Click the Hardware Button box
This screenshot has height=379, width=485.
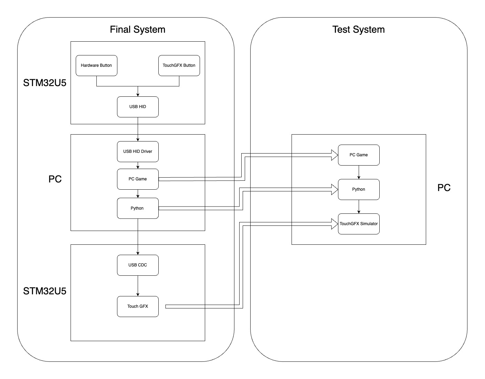[x=96, y=65]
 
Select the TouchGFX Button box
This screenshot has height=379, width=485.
[x=179, y=65]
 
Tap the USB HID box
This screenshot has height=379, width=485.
[x=138, y=107]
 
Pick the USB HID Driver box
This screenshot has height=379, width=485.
[x=138, y=151]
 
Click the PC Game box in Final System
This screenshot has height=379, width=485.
[x=138, y=179]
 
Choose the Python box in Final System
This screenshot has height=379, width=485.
[x=138, y=208]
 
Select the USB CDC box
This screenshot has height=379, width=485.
[x=138, y=265]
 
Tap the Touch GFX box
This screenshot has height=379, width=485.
[x=138, y=306]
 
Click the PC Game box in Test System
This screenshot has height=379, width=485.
[x=359, y=155]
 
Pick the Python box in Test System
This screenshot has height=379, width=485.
[x=359, y=189]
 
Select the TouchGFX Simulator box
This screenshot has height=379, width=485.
[x=359, y=224]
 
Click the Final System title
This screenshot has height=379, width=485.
[x=138, y=30]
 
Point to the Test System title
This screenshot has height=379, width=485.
[x=359, y=30]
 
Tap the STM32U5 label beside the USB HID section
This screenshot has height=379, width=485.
[x=45, y=83]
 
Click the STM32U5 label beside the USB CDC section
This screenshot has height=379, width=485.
[x=45, y=291]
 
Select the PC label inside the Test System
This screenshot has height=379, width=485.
[x=444, y=188]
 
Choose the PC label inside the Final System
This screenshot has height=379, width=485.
[x=55, y=179]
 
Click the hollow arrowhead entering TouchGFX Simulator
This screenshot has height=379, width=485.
[x=334, y=224]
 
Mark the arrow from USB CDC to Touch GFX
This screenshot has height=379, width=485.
[x=138, y=286]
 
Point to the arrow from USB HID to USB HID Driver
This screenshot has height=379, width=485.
[x=138, y=129]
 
